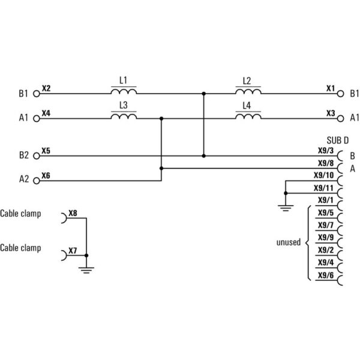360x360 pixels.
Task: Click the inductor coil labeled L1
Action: (x=124, y=91)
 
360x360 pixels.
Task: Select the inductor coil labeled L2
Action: (x=248, y=91)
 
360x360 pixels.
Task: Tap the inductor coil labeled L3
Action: (x=124, y=116)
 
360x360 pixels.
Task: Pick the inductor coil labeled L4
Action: (x=248, y=116)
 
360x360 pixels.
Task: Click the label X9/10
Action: (x=324, y=175)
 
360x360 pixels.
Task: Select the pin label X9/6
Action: (x=326, y=275)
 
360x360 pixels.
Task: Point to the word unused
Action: (x=289, y=242)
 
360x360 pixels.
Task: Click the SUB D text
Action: (x=337, y=140)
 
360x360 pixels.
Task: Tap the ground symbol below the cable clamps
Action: (x=86, y=270)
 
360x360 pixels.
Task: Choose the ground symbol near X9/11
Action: (x=286, y=208)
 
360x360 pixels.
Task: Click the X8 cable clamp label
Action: (x=73, y=213)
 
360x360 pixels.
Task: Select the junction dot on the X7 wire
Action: (x=86, y=256)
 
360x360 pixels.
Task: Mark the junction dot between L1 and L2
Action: (x=203, y=94)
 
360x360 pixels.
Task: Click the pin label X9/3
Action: (x=326, y=151)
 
